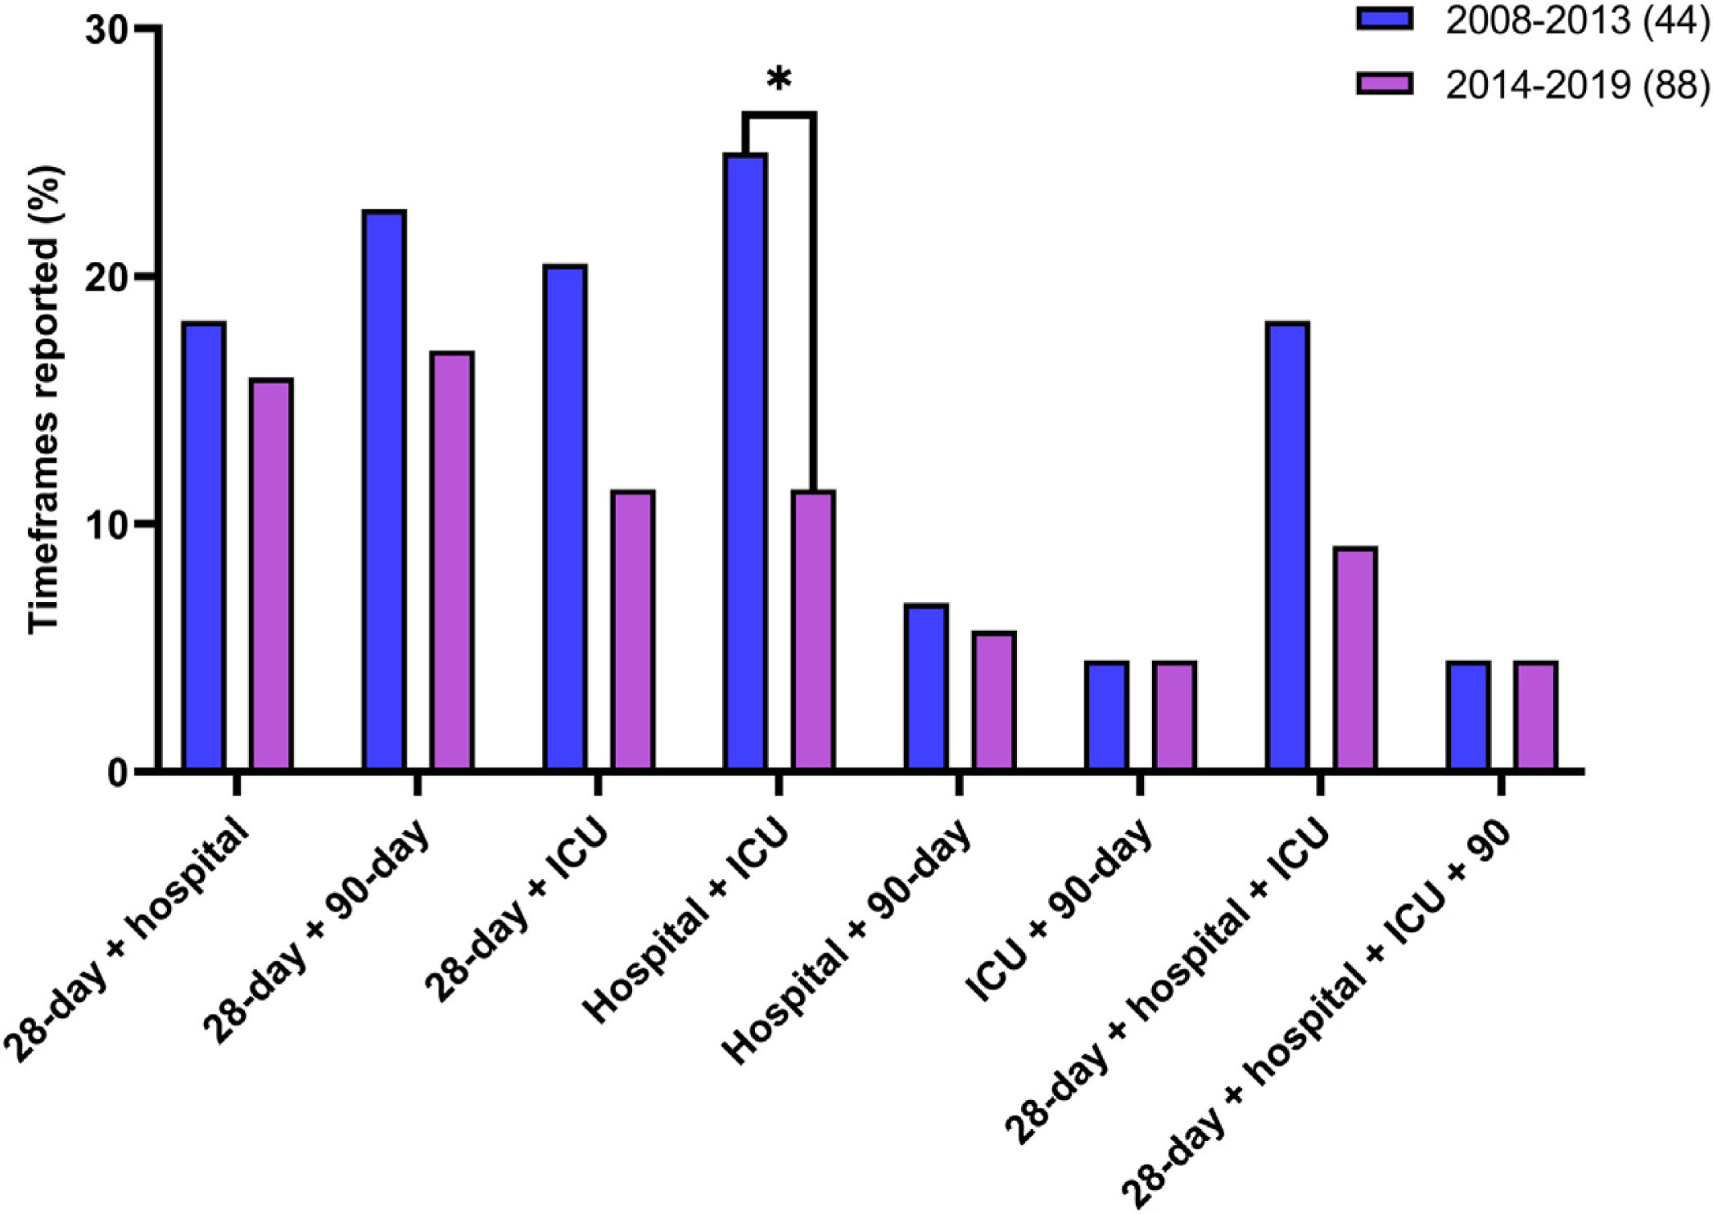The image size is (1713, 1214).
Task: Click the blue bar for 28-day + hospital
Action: tap(204, 546)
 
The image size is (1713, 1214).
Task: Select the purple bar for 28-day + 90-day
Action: tap(452, 561)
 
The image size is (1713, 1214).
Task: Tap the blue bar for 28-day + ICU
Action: tap(565, 518)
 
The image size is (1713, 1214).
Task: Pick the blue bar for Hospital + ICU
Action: tap(746, 462)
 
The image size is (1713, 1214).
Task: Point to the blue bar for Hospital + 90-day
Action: tap(927, 687)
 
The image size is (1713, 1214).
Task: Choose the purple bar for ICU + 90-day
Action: tap(1175, 716)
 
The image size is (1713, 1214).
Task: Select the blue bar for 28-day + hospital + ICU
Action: tap(1288, 546)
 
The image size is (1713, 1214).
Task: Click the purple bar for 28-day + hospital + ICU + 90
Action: tap(1536, 716)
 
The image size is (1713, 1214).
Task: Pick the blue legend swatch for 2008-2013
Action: tap(1385, 20)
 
